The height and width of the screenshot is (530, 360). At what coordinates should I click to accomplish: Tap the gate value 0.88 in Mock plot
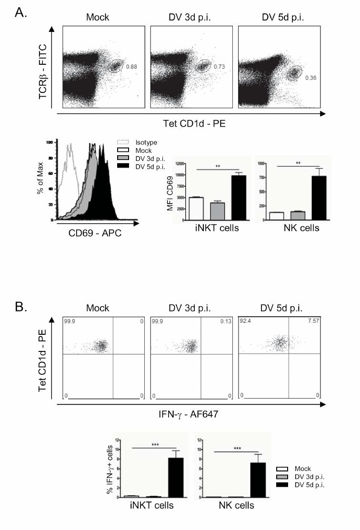coord(130,67)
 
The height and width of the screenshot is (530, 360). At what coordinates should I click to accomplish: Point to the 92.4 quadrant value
coord(246,321)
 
